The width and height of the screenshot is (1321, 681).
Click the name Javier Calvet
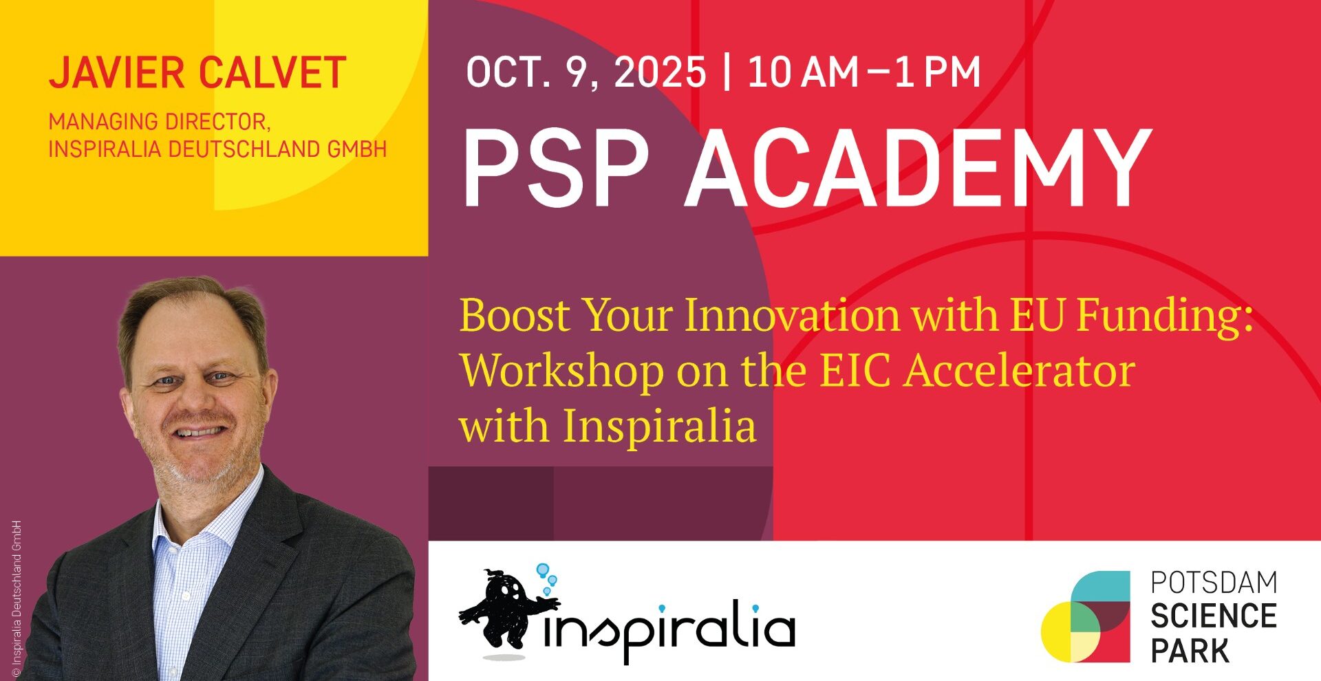197,74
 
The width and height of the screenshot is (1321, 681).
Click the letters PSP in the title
556,169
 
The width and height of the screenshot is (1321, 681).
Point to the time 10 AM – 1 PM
864,72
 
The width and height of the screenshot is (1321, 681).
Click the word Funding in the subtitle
1164,316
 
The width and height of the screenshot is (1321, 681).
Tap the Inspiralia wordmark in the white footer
669,629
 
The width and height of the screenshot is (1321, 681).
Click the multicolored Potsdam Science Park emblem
1085,616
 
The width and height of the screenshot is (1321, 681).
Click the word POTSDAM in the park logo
1214,582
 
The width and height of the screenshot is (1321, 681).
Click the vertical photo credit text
17,598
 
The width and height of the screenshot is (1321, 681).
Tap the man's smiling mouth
201,432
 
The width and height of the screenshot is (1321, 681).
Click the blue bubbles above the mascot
548,578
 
